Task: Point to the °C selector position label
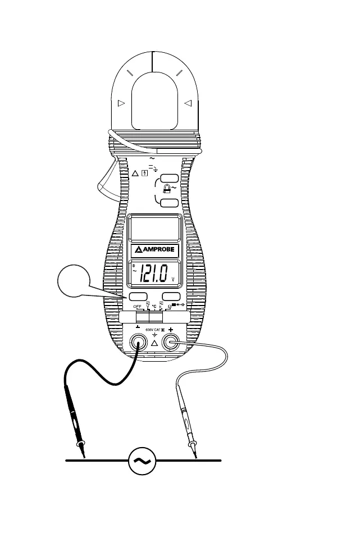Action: [x=154, y=307]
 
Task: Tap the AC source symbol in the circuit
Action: [x=142, y=460]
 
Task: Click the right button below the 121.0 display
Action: [x=171, y=297]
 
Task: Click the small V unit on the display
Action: [x=173, y=279]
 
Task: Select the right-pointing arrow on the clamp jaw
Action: [x=120, y=103]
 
